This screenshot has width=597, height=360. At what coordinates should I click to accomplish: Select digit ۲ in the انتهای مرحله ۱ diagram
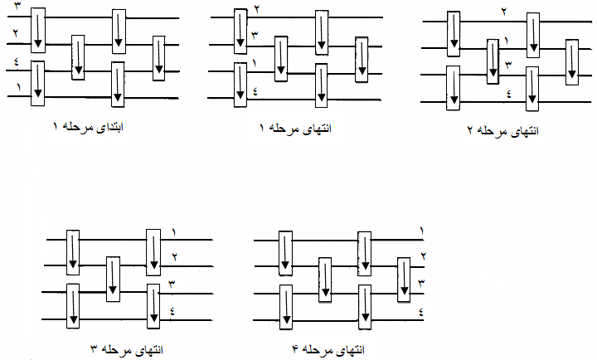257,8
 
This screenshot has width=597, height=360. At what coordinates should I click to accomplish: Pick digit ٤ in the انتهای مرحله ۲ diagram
507,93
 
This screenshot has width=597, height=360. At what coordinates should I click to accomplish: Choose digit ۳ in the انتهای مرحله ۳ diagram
172,285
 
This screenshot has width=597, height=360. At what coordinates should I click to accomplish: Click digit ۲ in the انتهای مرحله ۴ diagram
423,256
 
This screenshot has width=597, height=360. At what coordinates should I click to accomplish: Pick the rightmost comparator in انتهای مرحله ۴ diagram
404,280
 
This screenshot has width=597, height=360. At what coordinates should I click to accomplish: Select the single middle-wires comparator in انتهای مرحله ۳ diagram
114,280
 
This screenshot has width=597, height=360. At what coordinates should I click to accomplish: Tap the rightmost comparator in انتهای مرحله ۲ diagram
571,61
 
